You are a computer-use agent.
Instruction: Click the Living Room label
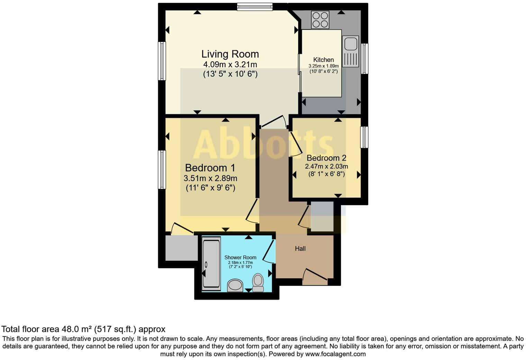click(x=230, y=54)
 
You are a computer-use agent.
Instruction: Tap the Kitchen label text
click(x=324, y=60)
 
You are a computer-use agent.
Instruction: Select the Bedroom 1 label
click(x=210, y=168)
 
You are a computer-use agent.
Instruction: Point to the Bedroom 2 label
click(x=326, y=158)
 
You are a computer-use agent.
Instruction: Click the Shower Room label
click(x=240, y=257)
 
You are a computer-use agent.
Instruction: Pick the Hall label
click(x=300, y=249)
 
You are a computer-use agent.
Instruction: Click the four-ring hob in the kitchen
click(x=320, y=20)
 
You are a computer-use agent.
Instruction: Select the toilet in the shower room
click(x=258, y=282)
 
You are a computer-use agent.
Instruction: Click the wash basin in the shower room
click(x=236, y=285)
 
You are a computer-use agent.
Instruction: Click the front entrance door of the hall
click(x=315, y=277)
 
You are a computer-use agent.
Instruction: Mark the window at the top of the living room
click(x=255, y=7)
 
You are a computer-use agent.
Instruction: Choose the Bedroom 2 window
click(x=364, y=137)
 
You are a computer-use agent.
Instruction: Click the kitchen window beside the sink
click(x=364, y=58)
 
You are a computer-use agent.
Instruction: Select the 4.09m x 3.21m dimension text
click(x=230, y=64)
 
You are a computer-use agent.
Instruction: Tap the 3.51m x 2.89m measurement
click(x=210, y=179)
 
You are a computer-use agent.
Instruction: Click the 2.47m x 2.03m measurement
click(x=326, y=166)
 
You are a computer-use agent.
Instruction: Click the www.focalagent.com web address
click(x=335, y=354)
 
